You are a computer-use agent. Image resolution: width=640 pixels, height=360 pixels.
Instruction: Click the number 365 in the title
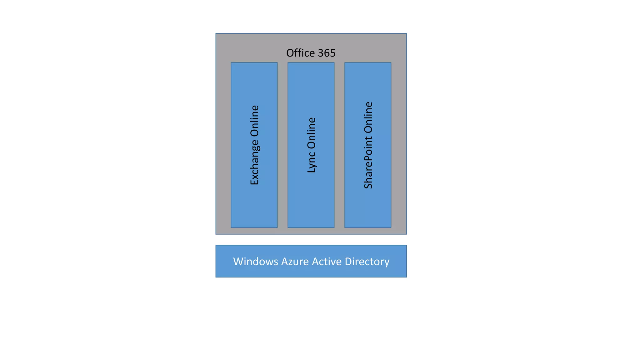[327, 53]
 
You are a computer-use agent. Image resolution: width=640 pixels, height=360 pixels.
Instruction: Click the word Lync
[312, 162]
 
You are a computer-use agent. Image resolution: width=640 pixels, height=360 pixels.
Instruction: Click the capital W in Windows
[238, 262]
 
